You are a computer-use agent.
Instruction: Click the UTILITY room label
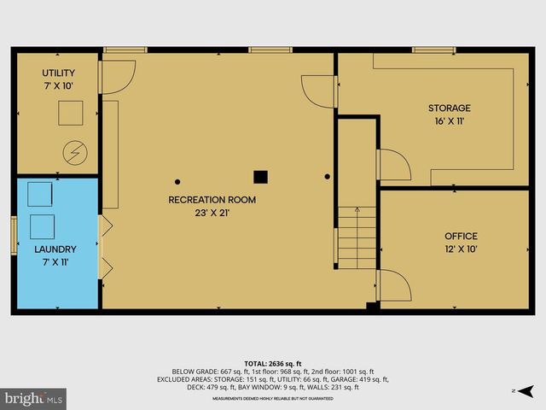[x=58, y=73]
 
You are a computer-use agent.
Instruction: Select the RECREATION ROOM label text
[x=212, y=200]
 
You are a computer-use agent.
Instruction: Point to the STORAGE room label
[x=449, y=108]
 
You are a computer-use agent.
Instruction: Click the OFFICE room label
[x=461, y=236]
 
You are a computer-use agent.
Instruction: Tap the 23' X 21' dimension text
[x=212, y=214]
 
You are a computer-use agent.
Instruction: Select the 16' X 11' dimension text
[x=449, y=121]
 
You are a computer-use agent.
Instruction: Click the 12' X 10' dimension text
[x=461, y=249]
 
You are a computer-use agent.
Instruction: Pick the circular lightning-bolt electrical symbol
[x=71, y=154]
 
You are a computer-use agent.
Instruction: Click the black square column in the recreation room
[x=260, y=177]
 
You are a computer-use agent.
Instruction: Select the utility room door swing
[x=118, y=75]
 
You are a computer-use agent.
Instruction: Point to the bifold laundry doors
[x=105, y=248]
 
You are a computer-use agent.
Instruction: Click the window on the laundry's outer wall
[x=14, y=236]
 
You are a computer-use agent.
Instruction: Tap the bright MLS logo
[x=34, y=397]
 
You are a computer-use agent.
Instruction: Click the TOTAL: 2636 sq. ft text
[x=272, y=362]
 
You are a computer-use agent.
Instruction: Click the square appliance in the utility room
[x=70, y=113]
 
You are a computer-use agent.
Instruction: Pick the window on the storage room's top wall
[x=433, y=50]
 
